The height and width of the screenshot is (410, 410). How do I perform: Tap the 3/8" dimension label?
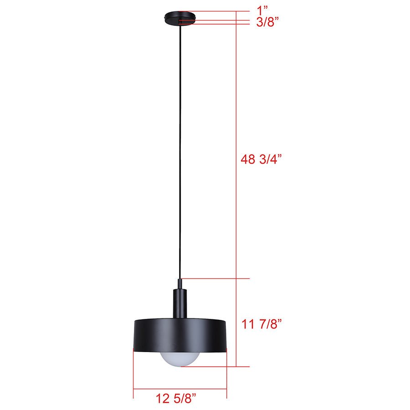tap(267, 23)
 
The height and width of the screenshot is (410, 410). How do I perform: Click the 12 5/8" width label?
tap(176, 399)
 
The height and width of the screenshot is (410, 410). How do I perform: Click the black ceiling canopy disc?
tap(180, 16)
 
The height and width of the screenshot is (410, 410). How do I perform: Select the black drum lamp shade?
tap(180, 335)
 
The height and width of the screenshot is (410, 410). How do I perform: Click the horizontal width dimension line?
tap(180, 389)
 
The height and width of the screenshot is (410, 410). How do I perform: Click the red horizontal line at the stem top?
tap(214, 278)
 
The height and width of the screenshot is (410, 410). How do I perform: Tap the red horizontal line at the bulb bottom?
tap(214, 366)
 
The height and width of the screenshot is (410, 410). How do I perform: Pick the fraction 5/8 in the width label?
tap(186, 399)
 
